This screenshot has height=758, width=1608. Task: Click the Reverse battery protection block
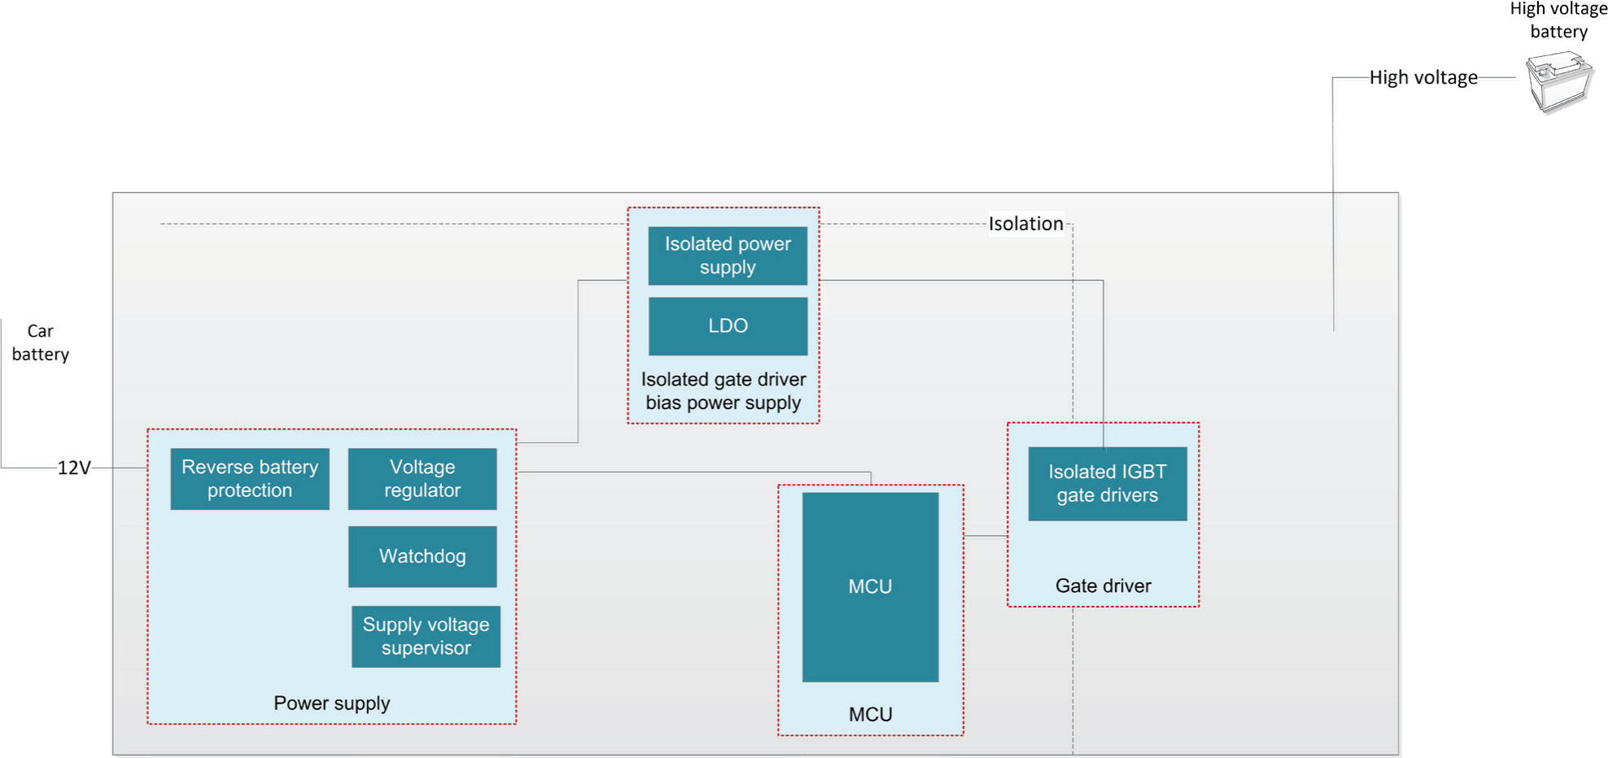[x=250, y=479]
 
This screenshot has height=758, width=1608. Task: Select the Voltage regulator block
[x=422, y=479]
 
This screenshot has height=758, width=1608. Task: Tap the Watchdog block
[x=422, y=556]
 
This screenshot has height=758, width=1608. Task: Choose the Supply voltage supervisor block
[x=426, y=637]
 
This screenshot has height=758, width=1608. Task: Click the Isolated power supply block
[x=728, y=255]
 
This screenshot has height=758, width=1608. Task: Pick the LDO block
[x=728, y=326]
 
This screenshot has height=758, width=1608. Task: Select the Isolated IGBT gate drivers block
[x=1107, y=484]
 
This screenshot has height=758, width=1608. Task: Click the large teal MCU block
[x=870, y=587]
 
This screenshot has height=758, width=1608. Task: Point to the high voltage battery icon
[x=1558, y=82]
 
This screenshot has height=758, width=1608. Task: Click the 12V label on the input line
[x=74, y=468]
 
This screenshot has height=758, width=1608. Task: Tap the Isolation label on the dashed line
[x=1025, y=224]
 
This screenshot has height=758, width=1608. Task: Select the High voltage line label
[x=1422, y=78]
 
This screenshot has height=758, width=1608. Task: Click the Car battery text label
[x=40, y=342]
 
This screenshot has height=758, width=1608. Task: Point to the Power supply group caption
[x=331, y=704]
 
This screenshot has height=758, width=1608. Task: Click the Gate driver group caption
[x=1103, y=586]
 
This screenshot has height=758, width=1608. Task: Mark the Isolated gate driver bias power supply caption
[x=723, y=391]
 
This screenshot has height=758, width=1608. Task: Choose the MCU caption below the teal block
[x=870, y=715]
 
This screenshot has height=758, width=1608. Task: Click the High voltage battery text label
[x=1558, y=20]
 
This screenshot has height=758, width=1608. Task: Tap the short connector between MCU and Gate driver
[x=985, y=537]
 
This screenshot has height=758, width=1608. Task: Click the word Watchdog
[x=422, y=556]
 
